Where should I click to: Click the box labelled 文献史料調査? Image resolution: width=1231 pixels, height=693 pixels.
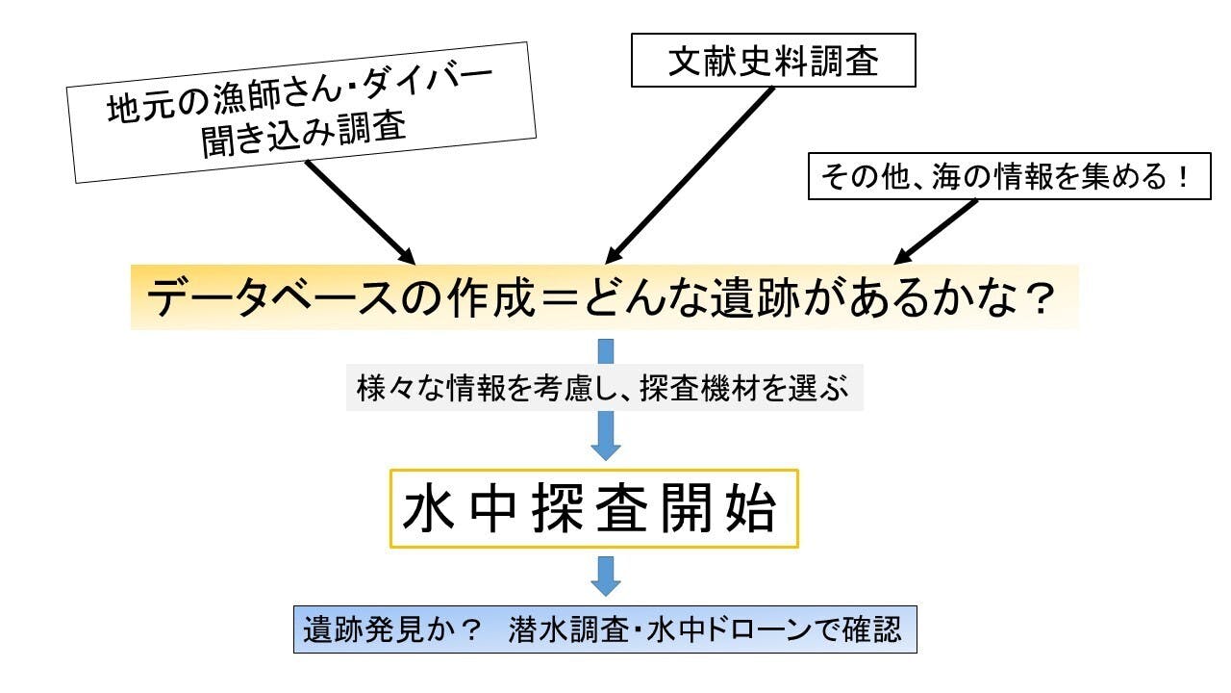[x=772, y=61]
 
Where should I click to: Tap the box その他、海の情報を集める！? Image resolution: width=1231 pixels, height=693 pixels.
[x=1009, y=178]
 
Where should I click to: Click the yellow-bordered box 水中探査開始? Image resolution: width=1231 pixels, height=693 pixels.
[x=593, y=508]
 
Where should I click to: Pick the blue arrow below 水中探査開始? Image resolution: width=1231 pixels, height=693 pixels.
[x=605, y=575]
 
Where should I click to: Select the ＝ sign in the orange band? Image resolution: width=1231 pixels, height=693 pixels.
[x=555, y=300]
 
